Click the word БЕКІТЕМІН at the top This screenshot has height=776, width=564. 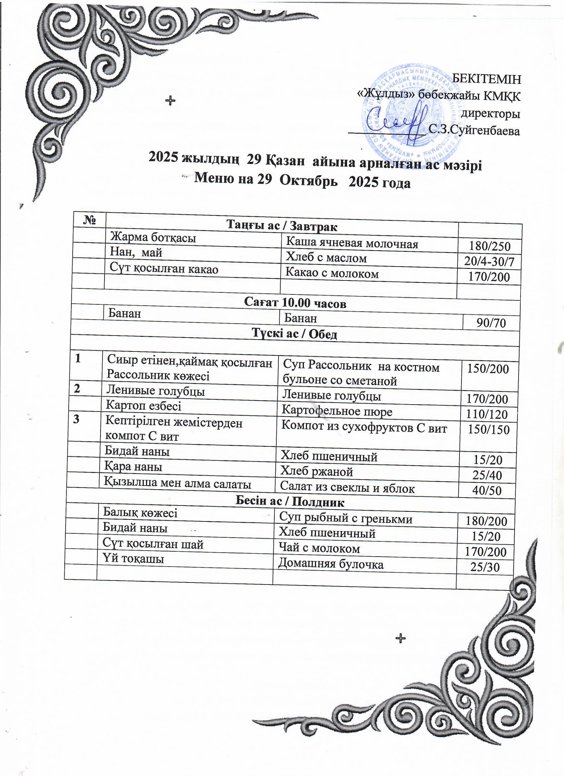[x=486, y=79]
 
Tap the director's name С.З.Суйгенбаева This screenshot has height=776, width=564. [x=474, y=130]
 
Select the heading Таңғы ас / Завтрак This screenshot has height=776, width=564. [x=282, y=226]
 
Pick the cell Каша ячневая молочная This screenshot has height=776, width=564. [x=352, y=243]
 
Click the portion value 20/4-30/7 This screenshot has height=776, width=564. [x=489, y=262]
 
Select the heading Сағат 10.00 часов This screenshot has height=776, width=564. [x=295, y=303]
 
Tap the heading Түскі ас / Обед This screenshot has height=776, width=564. [x=295, y=334]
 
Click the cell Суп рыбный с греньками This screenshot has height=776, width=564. [x=346, y=519]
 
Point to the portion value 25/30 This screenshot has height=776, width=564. [x=485, y=567]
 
